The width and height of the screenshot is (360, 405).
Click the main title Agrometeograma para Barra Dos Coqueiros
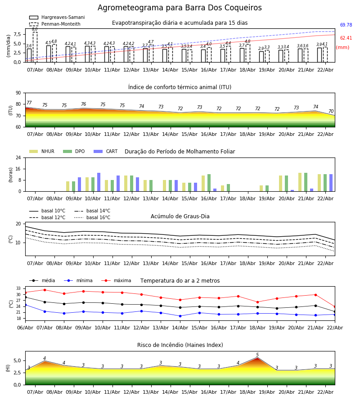[180, 8]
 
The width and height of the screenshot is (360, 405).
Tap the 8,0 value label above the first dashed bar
[35, 29]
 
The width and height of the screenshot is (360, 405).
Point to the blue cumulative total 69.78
[346, 25]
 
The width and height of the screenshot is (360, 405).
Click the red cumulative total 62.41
[346, 38]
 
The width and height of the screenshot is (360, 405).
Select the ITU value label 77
[29, 103]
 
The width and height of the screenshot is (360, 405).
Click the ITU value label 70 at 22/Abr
[331, 112]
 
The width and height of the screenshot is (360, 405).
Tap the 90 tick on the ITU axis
[18, 93]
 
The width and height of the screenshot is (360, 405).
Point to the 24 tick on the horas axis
[18, 157]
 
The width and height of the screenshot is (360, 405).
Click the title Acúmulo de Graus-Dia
[180, 216]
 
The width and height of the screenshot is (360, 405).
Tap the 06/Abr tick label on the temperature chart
[25, 327]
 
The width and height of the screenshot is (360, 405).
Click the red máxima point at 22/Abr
[334, 306]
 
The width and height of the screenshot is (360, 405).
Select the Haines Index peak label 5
[257, 355]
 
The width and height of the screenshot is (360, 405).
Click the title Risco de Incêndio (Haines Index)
[180, 345]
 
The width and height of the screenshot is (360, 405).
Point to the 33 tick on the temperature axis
[18, 288]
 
